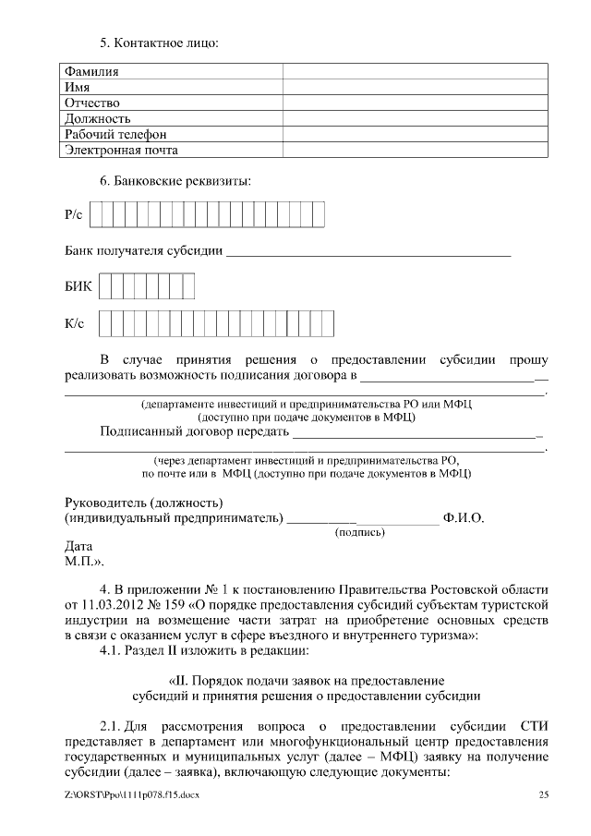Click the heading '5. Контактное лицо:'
(159, 42)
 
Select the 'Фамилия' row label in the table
(91, 71)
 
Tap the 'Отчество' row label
(92, 103)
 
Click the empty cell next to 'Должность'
(413, 118)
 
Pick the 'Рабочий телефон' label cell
(115, 134)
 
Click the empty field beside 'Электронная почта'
(413, 150)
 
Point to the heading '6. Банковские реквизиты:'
(175, 181)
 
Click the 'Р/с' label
(74, 215)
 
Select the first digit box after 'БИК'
(104, 286)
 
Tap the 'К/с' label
(74, 323)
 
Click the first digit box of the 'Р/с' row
(96, 215)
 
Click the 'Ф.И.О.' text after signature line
(464, 518)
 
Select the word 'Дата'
(78, 547)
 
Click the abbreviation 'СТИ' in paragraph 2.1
(533, 726)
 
